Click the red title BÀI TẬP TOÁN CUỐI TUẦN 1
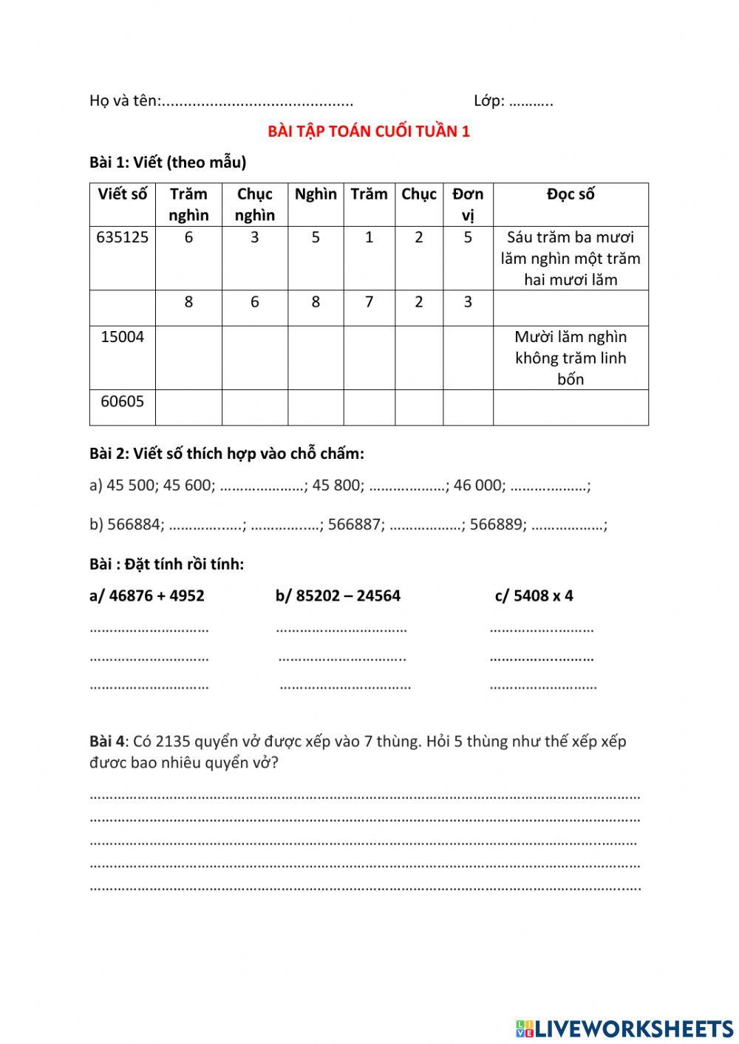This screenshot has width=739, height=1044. pos(368,132)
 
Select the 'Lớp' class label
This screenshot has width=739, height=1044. pos(488,100)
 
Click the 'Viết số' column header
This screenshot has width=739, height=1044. pos(122,194)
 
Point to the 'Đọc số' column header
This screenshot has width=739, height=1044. pos(571,194)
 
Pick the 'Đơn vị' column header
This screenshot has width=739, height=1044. pos(468,204)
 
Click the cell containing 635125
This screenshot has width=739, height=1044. pos(122,237)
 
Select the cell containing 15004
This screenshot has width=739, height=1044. pos(122,337)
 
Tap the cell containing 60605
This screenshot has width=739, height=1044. pos(122,402)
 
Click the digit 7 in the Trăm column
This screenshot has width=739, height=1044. pos(369,301)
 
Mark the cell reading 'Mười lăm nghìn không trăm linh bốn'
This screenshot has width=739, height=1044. pos(571,358)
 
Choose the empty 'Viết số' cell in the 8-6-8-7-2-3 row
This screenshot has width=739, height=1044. pos(122,307)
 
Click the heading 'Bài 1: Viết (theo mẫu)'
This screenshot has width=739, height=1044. pos(168,163)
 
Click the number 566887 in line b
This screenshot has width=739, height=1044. pos(354,525)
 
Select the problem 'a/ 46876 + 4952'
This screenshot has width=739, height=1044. pos(147,596)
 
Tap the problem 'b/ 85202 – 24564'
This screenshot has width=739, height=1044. pos(338,596)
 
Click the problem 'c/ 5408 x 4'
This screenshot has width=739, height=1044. pos(534,596)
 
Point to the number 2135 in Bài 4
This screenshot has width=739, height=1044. pos(174,741)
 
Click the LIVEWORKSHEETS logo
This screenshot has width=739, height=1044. pos(624,1028)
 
